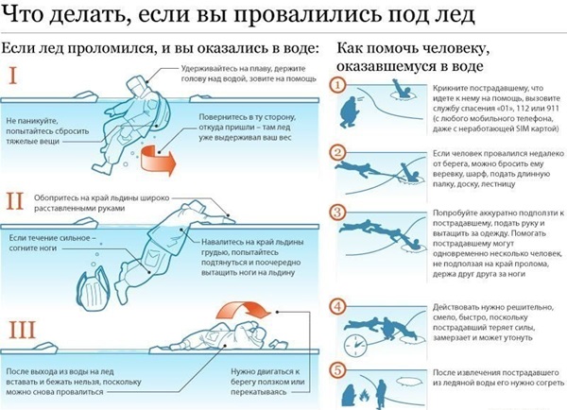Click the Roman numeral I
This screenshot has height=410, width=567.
pos(12,76)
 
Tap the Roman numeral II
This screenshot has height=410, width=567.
pos(15,201)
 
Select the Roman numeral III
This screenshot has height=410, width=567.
pos(22,330)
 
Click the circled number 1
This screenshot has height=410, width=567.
pos(337,86)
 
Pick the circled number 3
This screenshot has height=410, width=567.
pos(337,212)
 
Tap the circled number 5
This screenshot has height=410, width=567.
pos(337,370)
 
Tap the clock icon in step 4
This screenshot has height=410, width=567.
pos(355,345)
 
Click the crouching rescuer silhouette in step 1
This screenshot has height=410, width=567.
pos(349,111)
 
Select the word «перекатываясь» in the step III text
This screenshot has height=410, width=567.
pos(259,392)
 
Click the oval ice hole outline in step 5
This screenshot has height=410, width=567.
pos(410,382)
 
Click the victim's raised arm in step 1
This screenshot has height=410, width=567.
pos(399,87)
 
